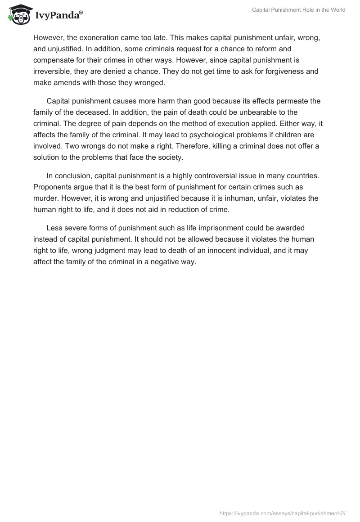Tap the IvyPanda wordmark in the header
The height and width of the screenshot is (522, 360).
tap(59, 14)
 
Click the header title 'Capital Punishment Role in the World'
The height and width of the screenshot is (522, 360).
tap(298, 10)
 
